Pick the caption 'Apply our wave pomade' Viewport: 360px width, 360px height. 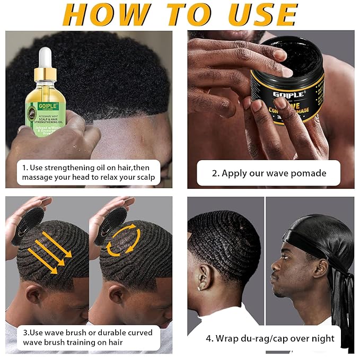click(268, 173)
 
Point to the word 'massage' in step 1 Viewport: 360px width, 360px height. click(40, 177)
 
